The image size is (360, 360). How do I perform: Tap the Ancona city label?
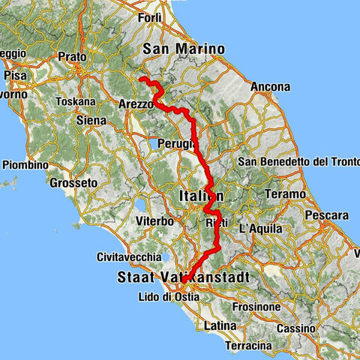click(271, 87)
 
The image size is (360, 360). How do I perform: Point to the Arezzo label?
click(136, 104)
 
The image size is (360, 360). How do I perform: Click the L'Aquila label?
click(261, 228)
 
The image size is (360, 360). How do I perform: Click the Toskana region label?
click(80, 101)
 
